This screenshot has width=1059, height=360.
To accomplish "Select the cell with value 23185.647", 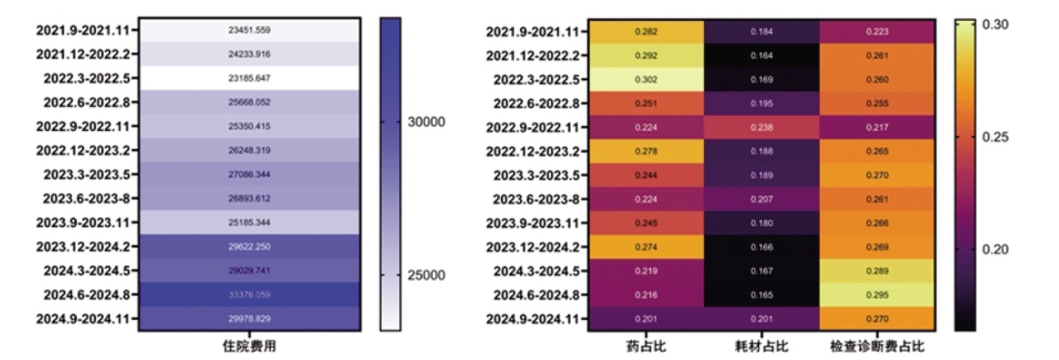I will [249, 78].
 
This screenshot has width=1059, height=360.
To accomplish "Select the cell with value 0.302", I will [644, 80].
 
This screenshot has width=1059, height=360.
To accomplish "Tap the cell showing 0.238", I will [760, 128].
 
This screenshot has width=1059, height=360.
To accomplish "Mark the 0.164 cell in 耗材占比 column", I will [760, 56].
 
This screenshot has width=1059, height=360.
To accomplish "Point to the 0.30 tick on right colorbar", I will [993, 25].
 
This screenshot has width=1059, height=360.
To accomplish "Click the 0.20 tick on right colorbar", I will [993, 249].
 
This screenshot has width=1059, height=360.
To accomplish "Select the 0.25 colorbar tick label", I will [993, 137].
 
